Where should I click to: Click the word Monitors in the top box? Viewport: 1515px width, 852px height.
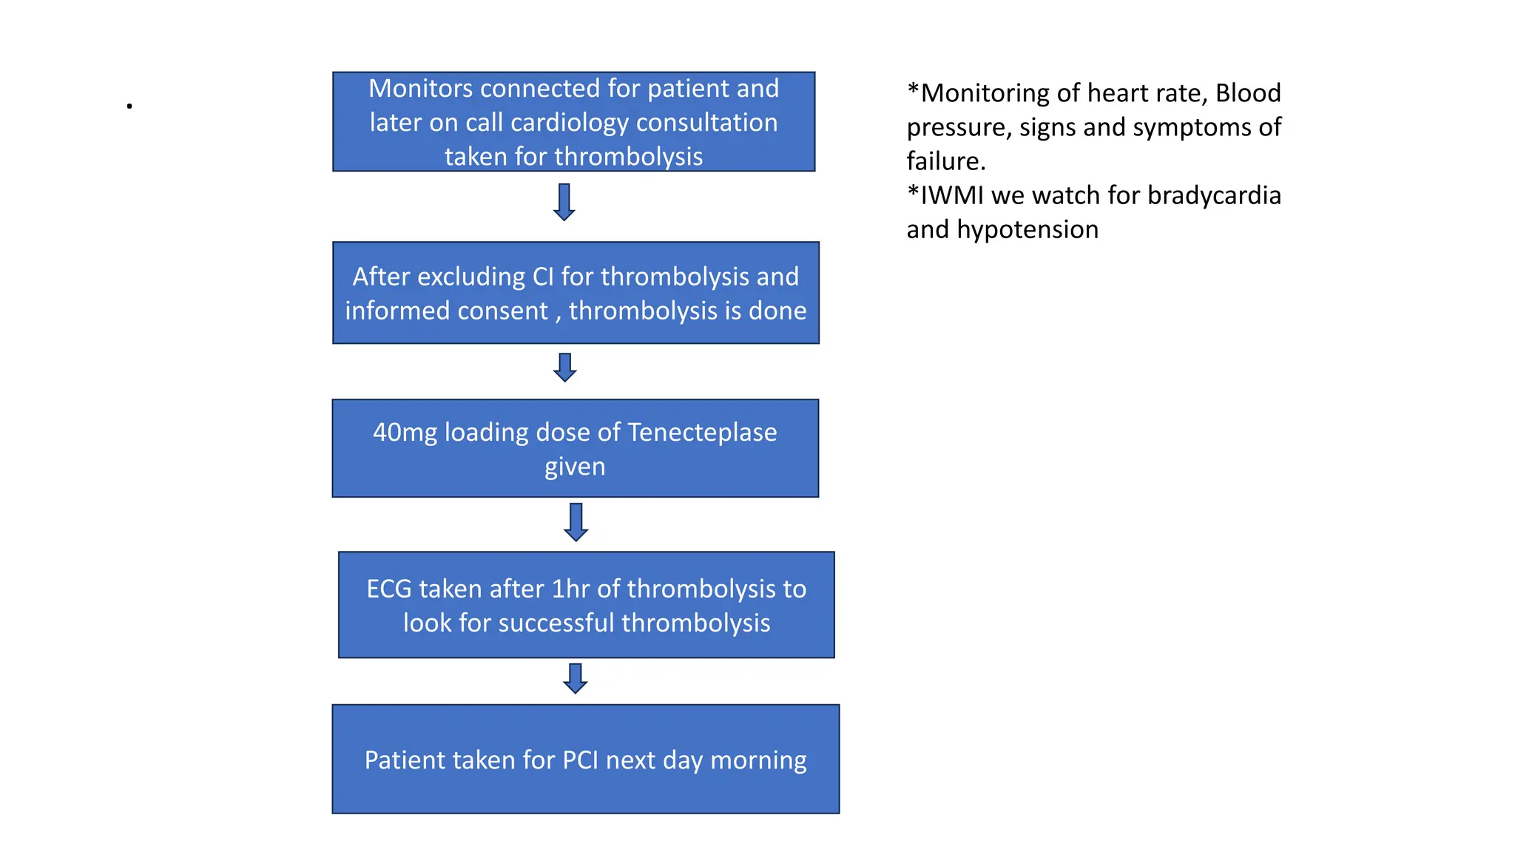pos(421,89)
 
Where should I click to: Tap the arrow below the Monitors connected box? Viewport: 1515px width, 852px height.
pos(564,202)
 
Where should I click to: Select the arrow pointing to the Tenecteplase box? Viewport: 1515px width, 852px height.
pos(565,367)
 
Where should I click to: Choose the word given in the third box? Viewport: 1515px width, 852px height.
pos(575,467)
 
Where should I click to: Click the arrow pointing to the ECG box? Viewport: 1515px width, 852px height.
pos(576,522)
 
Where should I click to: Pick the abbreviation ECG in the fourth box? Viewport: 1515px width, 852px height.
pos(389,589)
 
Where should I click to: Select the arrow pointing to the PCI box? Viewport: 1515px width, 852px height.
pos(576,678)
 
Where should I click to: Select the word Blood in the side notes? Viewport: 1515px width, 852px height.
pos(1248,93)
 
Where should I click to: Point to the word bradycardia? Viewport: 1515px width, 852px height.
pos(1214,195)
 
